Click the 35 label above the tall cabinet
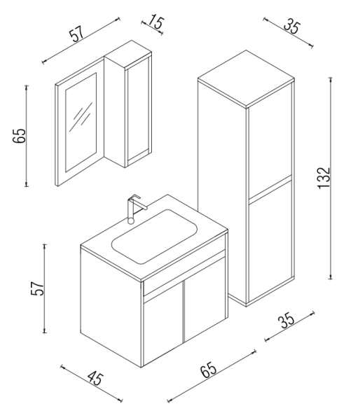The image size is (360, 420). tap(291, 28)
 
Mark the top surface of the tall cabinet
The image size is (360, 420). tap(244, 77)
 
